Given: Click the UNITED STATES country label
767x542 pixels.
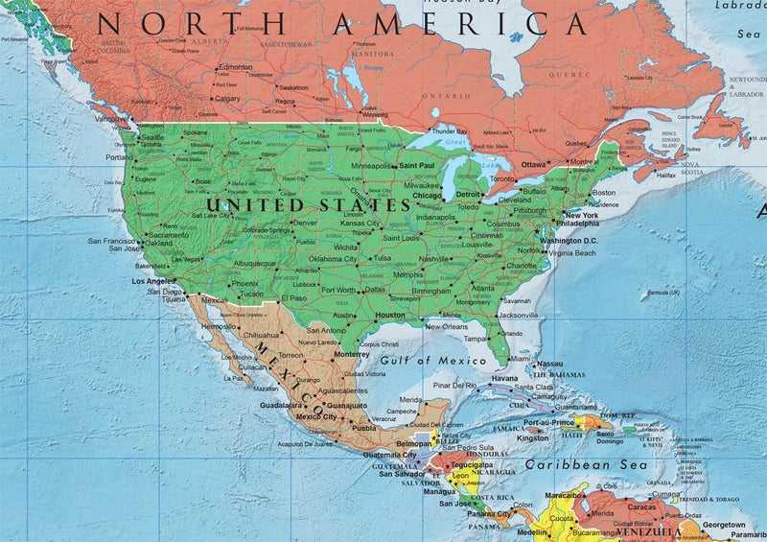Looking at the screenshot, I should point(309,205).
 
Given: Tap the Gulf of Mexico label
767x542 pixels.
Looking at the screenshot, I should point(432,361).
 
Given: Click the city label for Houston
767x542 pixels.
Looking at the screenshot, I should point(390,315).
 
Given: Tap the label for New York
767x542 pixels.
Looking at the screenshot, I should point(582,215).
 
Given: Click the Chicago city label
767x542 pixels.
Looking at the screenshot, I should point(427,196).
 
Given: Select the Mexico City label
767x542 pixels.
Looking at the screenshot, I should point(316,416).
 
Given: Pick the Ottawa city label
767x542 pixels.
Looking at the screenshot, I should point(534,164).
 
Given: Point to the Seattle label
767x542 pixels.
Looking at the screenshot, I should point(152,137).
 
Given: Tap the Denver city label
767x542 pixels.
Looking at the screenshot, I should point(305,223).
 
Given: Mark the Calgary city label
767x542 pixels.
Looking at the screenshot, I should point(227,98).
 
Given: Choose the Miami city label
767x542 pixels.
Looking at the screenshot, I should point(521,357).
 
